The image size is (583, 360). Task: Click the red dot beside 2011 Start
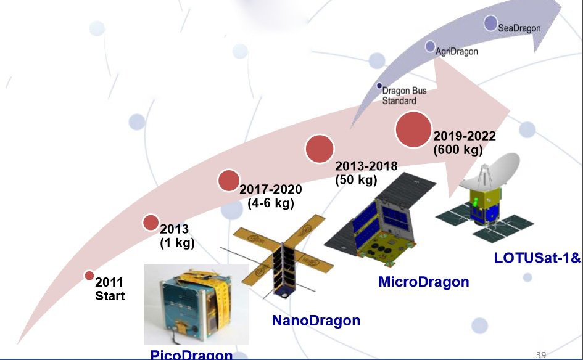[89, 275]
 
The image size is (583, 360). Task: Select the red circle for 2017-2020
[228, 180]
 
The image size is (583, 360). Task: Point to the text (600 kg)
[457, 150]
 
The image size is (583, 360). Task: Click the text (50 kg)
[355, 180]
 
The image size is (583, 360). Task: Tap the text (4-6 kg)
[270, 203]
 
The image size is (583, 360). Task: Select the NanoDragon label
[316, 321]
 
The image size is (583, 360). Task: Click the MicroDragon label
[423, 282]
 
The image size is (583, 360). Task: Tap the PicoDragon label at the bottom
[192, 354]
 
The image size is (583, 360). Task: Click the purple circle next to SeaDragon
[490, 23]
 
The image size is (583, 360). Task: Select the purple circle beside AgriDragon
[431, 46]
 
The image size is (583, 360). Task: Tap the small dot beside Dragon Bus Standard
[380, 86]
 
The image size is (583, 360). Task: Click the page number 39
[542, 354]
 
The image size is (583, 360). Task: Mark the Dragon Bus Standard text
[404, 96]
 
